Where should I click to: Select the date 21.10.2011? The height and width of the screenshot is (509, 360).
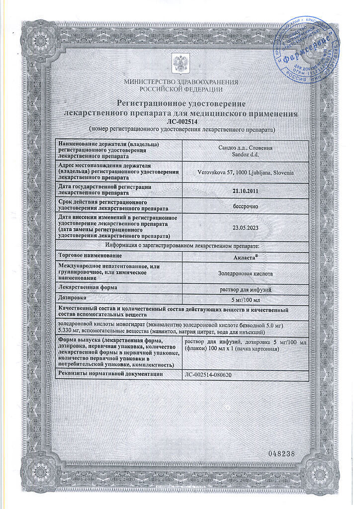(246, 190)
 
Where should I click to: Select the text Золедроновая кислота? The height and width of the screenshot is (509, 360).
(246, 273)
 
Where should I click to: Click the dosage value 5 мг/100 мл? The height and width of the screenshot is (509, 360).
(246, 300)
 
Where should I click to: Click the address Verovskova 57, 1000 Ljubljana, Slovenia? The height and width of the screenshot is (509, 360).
(246, 171)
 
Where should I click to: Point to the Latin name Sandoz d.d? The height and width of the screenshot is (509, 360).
(246, 155)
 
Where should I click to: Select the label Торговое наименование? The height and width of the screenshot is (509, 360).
(90, 255)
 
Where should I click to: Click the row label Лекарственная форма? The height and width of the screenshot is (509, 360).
(89, 288)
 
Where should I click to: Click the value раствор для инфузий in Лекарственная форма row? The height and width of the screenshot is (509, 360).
(246, 290)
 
